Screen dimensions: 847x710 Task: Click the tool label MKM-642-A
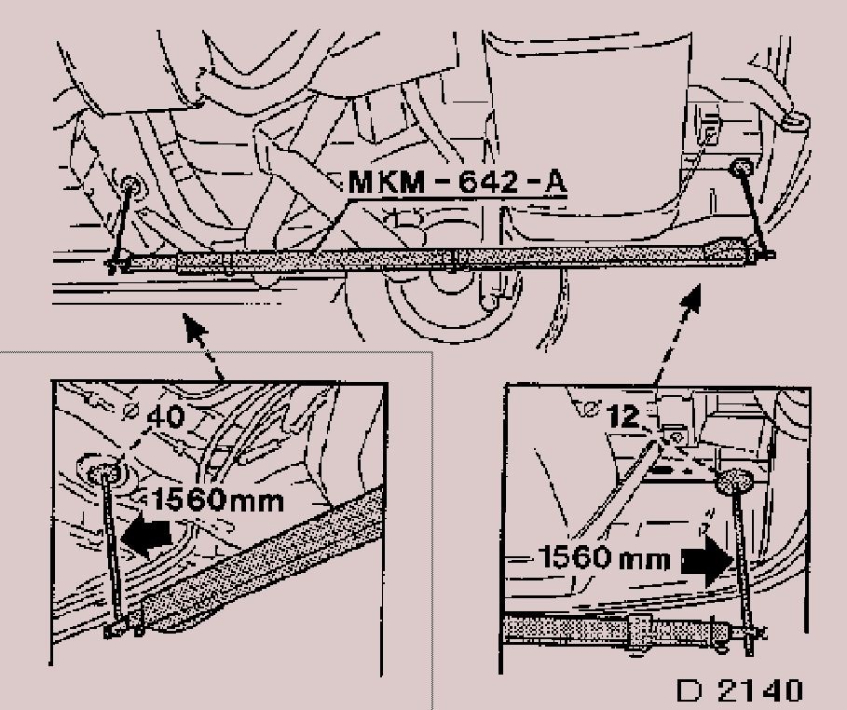[458, 182]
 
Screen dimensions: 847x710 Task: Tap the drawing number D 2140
[740, 690]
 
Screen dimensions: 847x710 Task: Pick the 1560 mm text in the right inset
[605, 556]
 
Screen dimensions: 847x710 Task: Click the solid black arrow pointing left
[146, 536]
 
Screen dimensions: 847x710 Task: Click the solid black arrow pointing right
[707, 562]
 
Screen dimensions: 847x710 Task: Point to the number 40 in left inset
[166, 416]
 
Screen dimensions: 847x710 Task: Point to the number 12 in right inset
[624, 416]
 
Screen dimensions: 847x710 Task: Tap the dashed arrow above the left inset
[203, 347]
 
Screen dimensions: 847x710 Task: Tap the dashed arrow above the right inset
[677, 334]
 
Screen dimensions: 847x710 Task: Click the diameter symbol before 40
[130, 412]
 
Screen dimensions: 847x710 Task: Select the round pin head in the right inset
[733, 481]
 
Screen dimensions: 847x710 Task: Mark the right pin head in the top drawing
[741, 168]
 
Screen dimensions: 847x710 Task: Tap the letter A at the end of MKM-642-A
[555, 182]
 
